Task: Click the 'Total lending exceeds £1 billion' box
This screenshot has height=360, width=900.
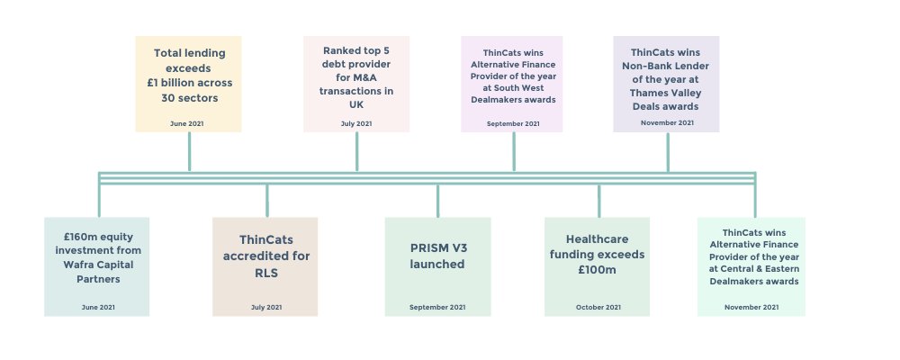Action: tap(188, 84)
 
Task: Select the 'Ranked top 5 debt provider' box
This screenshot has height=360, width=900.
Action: tap(356, 84)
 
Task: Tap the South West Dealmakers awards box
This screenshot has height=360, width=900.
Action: tap(512, 84)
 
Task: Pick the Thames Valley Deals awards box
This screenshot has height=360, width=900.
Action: tap(666, 84)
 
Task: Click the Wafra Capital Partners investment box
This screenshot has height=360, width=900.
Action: tap(96, 266)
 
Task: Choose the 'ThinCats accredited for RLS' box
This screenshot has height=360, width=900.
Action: tap(265, 266)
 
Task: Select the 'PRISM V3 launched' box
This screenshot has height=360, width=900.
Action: tap(437, 266)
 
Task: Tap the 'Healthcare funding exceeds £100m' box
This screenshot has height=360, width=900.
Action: tap(598, 266)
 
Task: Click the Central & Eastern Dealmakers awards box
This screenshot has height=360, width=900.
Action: tap(751, 266)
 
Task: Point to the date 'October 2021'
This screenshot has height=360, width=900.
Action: tap(598, 308)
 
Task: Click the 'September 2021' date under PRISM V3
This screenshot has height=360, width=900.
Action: tap(436, 308)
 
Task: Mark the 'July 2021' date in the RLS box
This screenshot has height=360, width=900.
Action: tap(265, 308)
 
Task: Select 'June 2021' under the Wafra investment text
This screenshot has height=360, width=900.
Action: tap(96, 308)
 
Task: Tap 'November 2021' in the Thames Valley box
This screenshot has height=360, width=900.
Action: tap(667, 122)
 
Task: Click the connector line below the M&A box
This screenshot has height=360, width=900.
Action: tap(356, 151)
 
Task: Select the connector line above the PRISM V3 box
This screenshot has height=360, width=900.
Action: tap(437, 200)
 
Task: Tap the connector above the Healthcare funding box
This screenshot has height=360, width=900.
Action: tap(598, 200)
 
